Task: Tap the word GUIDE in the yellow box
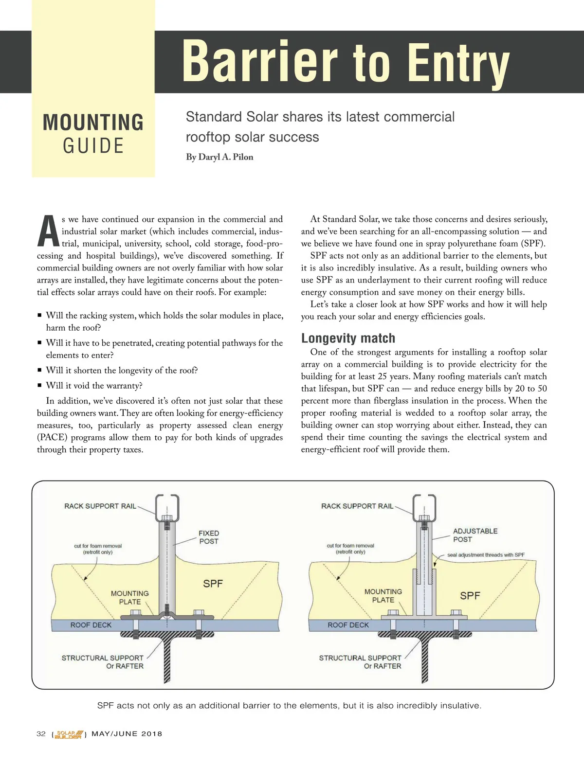[93, 146]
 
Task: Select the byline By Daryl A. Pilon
[219, 157]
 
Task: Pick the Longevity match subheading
[348, 338]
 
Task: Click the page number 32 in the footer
[41, 734]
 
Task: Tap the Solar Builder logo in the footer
[69, 734]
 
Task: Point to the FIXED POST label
[209, 537]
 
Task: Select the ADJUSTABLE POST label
[475, 535]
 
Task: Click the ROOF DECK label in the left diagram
[91, 625]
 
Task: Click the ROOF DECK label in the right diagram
[348, 625]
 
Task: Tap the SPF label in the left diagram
[213, 584]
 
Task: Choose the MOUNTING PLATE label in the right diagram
[383, 596]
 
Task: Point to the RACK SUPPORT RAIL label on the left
[100, 506]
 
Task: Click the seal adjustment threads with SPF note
[486, 555]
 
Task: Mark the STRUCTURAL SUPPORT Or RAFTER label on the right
[360, 662]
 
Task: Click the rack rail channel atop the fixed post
[167, 506]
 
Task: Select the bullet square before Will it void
[39, 386]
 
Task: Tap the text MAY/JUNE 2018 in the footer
[127, 734]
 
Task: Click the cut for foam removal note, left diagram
[98, 549]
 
